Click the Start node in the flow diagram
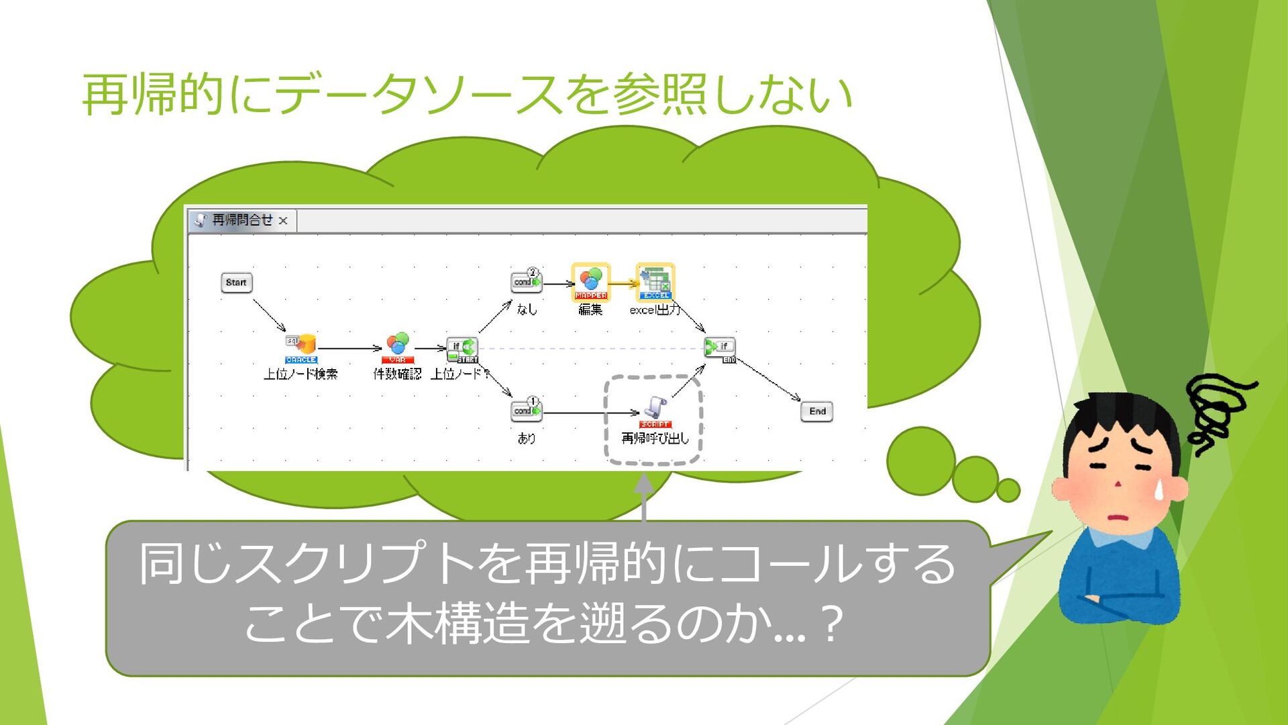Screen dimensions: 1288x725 [236, 283]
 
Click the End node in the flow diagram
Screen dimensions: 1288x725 [816, 412]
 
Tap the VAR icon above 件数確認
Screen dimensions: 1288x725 [398, 346]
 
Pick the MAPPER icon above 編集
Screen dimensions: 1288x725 [590, 282]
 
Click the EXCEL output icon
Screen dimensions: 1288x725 [655, 282]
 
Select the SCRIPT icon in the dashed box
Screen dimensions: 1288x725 [655, 410]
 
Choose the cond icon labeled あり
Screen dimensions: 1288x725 [526, 409]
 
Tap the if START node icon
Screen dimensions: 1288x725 [462, 348]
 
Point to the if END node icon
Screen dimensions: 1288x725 [720, 348]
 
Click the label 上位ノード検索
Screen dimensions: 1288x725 [301, 375]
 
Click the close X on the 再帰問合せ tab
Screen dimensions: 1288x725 [283, 220]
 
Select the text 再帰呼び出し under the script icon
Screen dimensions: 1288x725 [655, 438]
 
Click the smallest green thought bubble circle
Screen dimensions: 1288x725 [1008, 490]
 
